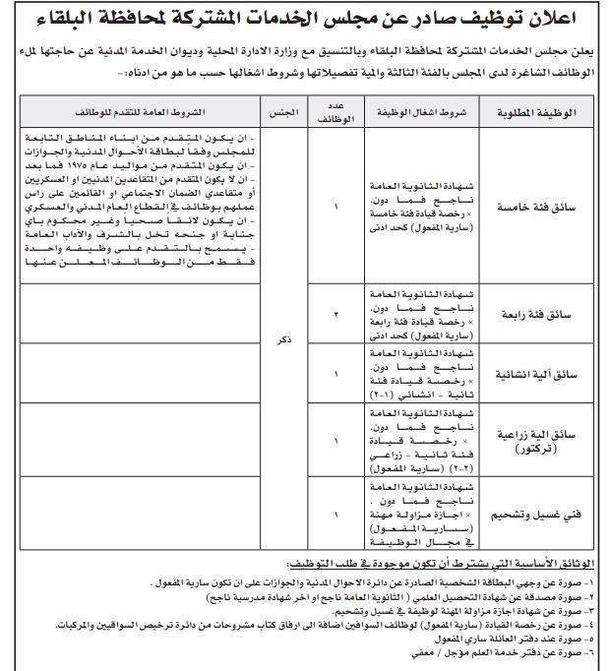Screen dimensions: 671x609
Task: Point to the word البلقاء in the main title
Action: (82, 17)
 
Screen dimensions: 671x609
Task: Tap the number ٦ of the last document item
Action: (595, 652)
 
